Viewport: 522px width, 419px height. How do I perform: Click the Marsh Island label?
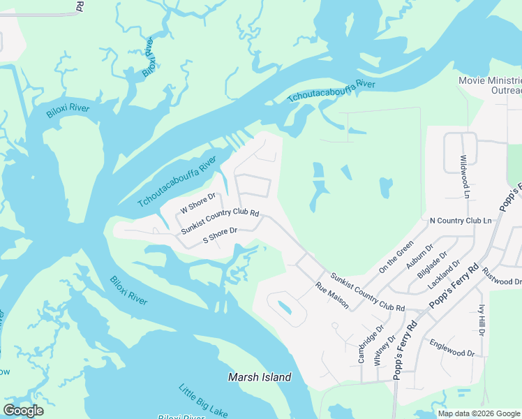(x=260, y=377)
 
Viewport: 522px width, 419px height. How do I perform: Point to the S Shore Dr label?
(x=221, y=235)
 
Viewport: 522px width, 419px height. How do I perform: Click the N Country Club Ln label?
(x=461, y=221)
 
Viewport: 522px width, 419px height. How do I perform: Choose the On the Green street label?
(x=396, y=258)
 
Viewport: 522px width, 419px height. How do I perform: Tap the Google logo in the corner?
(x=23, y=411)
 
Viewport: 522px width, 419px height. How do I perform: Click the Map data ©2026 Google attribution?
(x=479, y=413)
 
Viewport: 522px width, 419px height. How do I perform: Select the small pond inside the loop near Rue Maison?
(x=285, y=307)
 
